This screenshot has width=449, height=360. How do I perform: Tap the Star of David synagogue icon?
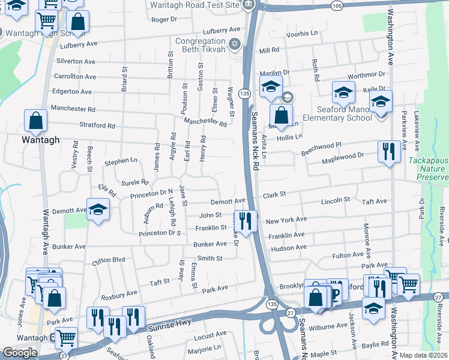point(235,44)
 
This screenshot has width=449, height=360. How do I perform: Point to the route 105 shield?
point(338,5)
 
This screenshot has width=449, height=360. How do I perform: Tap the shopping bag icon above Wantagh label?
point(36,120)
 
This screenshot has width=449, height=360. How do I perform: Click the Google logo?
point(20,352)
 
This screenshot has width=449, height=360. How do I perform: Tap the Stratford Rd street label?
point(97,126)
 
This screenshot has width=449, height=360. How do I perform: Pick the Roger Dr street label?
point(164,19)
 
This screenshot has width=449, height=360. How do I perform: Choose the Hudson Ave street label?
point(289,248)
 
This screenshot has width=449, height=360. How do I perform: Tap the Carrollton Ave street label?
point(75,77)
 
